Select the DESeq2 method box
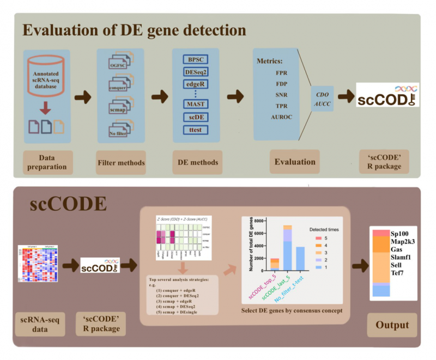[195, 71]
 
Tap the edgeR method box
[195, 84]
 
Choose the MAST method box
[195, 104]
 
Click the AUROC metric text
[282, 117]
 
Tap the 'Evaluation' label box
[294, 161]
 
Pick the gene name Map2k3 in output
[403, 241]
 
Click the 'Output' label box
[392, 325]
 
